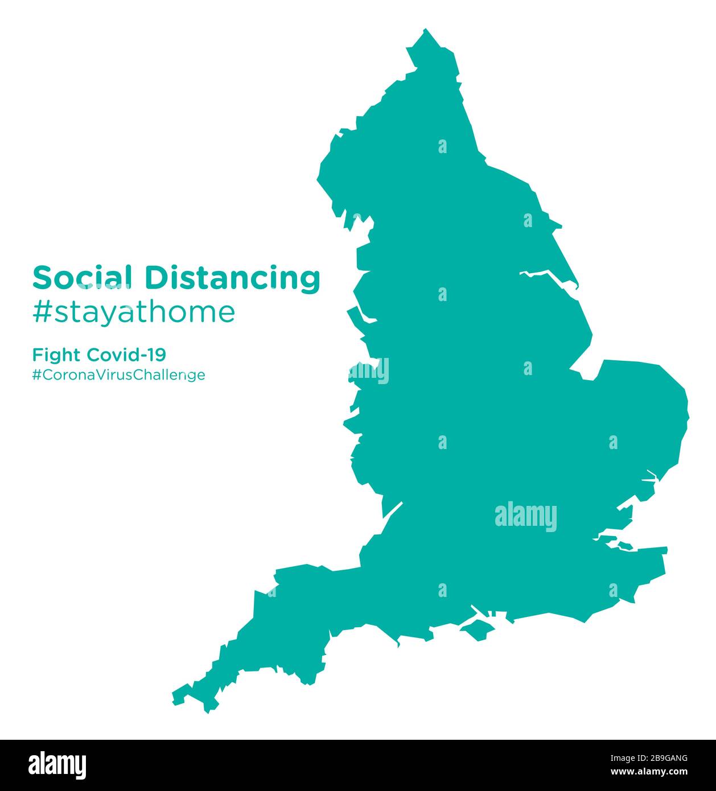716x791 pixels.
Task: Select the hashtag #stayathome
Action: coord(133,312)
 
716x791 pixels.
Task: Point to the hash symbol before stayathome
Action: coord(42,312)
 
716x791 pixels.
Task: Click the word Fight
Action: coord(57,356)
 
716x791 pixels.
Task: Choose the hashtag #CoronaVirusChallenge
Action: coord(118,375)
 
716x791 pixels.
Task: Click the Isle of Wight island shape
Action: coord(477,628)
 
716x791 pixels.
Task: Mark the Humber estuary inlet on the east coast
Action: coord(546,277)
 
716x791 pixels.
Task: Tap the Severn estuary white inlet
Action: coord(392,511)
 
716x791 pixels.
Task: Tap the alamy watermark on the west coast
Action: coord(369,371)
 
